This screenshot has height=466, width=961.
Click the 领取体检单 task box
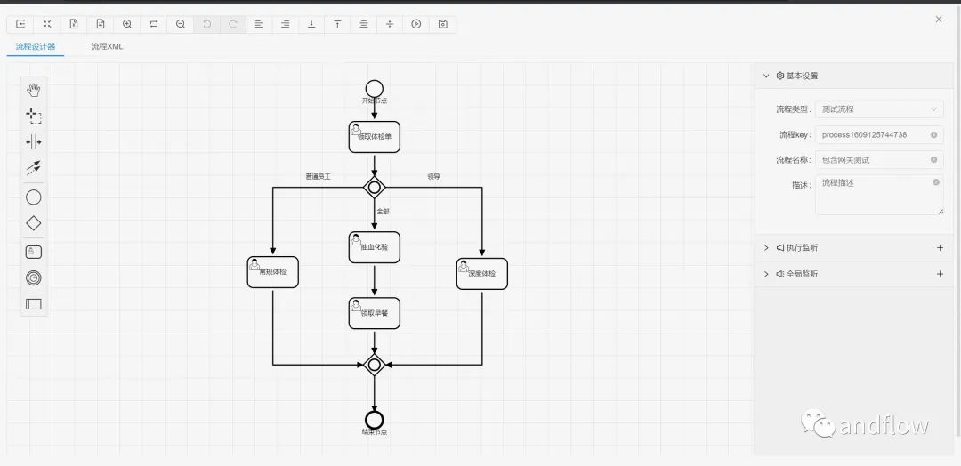(374, 137)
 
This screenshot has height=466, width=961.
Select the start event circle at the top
(374, 88)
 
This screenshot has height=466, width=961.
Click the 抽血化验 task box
(374, 247)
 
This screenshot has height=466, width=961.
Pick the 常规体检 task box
(272, 273)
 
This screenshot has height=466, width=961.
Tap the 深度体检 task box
(481, 273)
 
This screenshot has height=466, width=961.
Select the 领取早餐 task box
(374, 313)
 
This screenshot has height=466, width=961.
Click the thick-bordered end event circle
(374, 420)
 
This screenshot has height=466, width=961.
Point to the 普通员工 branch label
(318, 177)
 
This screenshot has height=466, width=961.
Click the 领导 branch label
(434, 177)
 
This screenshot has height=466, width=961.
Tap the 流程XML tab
(107, 46)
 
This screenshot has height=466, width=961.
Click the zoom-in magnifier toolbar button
(127, 24)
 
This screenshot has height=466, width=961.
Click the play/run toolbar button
(416, 24)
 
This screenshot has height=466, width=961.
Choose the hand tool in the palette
(34, 89)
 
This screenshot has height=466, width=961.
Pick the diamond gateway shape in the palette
(34, 223)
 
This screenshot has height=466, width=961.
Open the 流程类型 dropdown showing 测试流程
(879, 109)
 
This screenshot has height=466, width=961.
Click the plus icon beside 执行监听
(940, 248)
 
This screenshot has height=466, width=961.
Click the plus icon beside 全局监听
(940, 274)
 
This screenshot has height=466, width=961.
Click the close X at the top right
(939, 19)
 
